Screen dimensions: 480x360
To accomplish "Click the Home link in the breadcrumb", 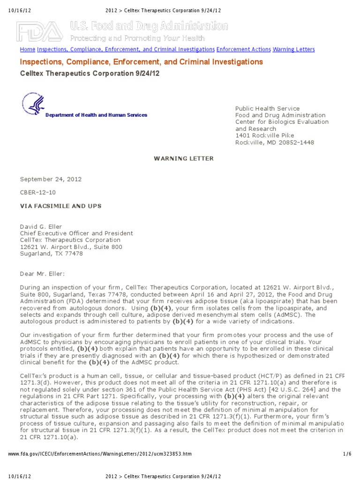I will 27,49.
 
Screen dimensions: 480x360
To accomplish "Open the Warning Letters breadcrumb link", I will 293,49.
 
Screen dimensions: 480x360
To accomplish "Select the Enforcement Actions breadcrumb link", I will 243,49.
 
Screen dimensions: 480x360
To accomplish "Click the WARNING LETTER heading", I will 184,158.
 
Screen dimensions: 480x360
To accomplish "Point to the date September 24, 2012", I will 45,179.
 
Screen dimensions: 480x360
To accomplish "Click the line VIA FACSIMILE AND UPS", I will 60,206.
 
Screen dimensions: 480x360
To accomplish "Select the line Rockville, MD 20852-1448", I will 274,142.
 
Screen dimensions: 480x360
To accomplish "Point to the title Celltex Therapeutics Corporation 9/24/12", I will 86,74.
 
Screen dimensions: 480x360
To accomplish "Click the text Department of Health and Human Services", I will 96,115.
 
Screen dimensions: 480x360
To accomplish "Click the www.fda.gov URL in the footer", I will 100,454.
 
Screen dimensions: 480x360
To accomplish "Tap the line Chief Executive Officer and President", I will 76,233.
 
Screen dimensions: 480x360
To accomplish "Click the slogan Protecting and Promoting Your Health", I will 138,38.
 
